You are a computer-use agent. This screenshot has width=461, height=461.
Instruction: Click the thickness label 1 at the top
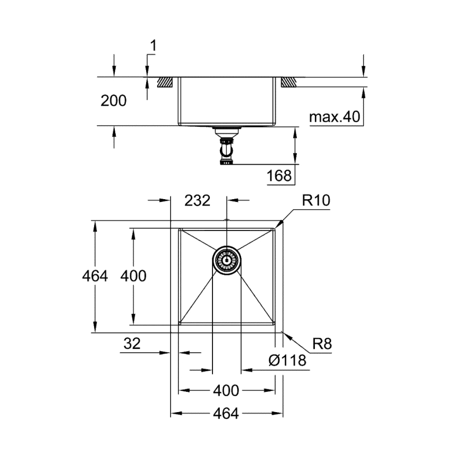point(153,47)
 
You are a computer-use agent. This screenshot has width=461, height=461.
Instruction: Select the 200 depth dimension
point(114,100)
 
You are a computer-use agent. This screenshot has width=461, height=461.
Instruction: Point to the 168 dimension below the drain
point(279,175)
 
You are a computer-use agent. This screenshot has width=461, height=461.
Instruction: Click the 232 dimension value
point(198,200)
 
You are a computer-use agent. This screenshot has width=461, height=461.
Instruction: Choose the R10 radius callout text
point(316,200)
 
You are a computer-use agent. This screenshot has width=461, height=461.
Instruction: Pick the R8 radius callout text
point(322,344)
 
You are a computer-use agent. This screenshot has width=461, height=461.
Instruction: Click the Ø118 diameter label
point(287,361)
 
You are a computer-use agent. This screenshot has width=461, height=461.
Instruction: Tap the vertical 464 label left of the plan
point(96,276)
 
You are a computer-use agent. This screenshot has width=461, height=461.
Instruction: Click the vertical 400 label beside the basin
point(133,276)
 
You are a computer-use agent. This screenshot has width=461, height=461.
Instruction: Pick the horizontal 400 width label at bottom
point(226,390)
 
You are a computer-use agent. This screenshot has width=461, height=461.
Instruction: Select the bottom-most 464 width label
point(226,413)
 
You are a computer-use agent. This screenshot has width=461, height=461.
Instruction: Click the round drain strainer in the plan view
point(227,260)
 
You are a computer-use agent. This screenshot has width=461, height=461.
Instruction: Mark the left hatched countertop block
point(165,82)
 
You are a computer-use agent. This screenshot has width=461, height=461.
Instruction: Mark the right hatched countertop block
point(289,82)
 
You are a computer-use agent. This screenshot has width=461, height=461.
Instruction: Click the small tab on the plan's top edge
point(227,219)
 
